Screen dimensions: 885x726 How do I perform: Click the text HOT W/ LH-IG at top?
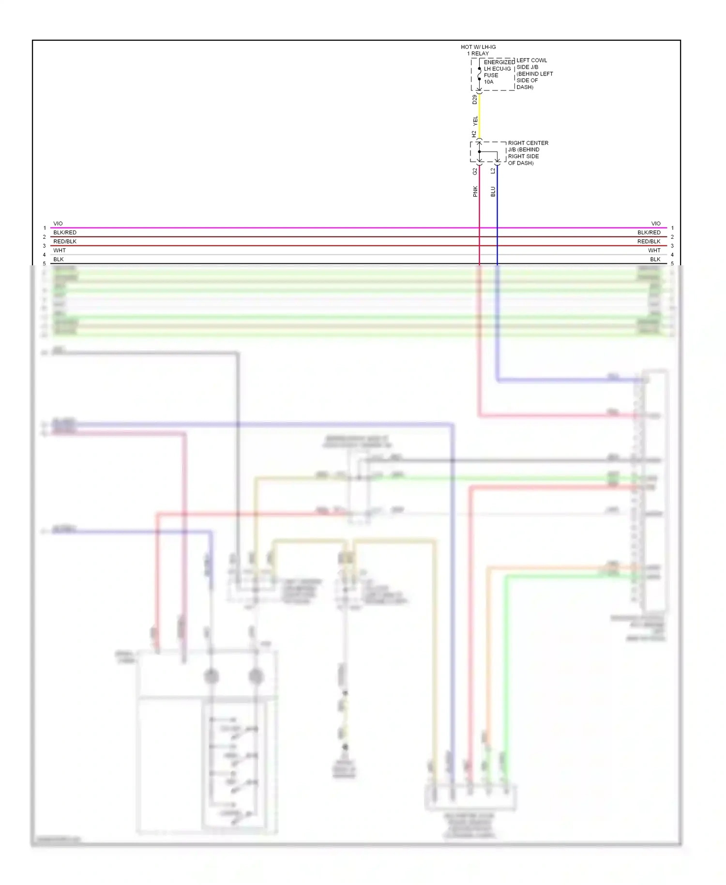478,47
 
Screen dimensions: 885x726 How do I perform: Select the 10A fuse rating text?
488,82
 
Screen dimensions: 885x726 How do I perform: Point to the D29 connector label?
475,99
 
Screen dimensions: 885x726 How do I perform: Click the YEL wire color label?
475,121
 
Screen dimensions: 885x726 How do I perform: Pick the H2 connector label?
474,134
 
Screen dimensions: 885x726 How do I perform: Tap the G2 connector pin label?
475,171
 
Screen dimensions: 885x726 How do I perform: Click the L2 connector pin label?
493,171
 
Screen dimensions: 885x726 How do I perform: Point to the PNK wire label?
475,191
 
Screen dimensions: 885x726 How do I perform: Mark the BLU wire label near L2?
493,191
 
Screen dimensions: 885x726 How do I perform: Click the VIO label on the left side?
58,224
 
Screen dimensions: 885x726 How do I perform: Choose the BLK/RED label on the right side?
649,232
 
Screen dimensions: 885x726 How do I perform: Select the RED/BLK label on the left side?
65,242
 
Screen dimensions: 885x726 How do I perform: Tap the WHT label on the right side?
654,250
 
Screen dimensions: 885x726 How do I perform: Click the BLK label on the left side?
59,259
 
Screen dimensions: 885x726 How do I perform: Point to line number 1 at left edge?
45,228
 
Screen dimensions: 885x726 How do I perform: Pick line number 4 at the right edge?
672,255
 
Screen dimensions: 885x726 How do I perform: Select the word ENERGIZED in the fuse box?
499,62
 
